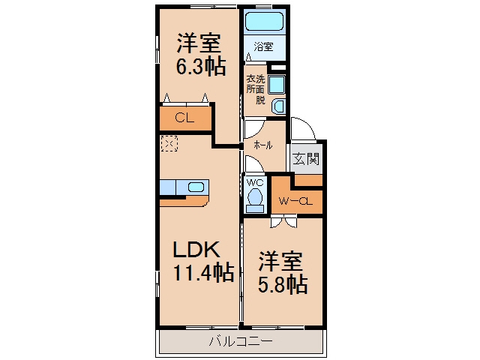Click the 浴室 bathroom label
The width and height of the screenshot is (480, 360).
tap(263, 46)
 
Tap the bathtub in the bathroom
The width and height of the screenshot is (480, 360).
tap(264, 21)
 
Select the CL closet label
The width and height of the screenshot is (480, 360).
tap(184, 118)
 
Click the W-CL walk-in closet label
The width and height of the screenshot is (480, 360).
tap(295, 202)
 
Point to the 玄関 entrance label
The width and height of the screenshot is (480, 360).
tap(306, 158)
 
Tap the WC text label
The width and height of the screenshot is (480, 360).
tap(255, 183)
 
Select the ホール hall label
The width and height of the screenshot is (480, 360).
tap(262, 145)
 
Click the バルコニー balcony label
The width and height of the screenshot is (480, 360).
tap(241, 341)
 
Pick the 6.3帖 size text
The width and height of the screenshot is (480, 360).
tap(201, 66)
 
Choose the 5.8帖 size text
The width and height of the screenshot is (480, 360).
tap(283, 284)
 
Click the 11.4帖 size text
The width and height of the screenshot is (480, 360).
tap(203, 272)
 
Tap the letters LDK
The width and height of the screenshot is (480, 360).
tap(196, 250)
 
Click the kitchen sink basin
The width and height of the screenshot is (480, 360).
tap(196, 187)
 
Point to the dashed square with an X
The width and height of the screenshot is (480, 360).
tap(169, 143)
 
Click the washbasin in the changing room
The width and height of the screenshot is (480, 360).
tap(279, 106)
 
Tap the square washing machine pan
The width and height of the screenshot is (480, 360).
tap(277, 85)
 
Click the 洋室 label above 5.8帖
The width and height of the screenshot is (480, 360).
tap(280, 261)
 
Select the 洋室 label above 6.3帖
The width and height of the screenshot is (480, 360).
tap(199, 43)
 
